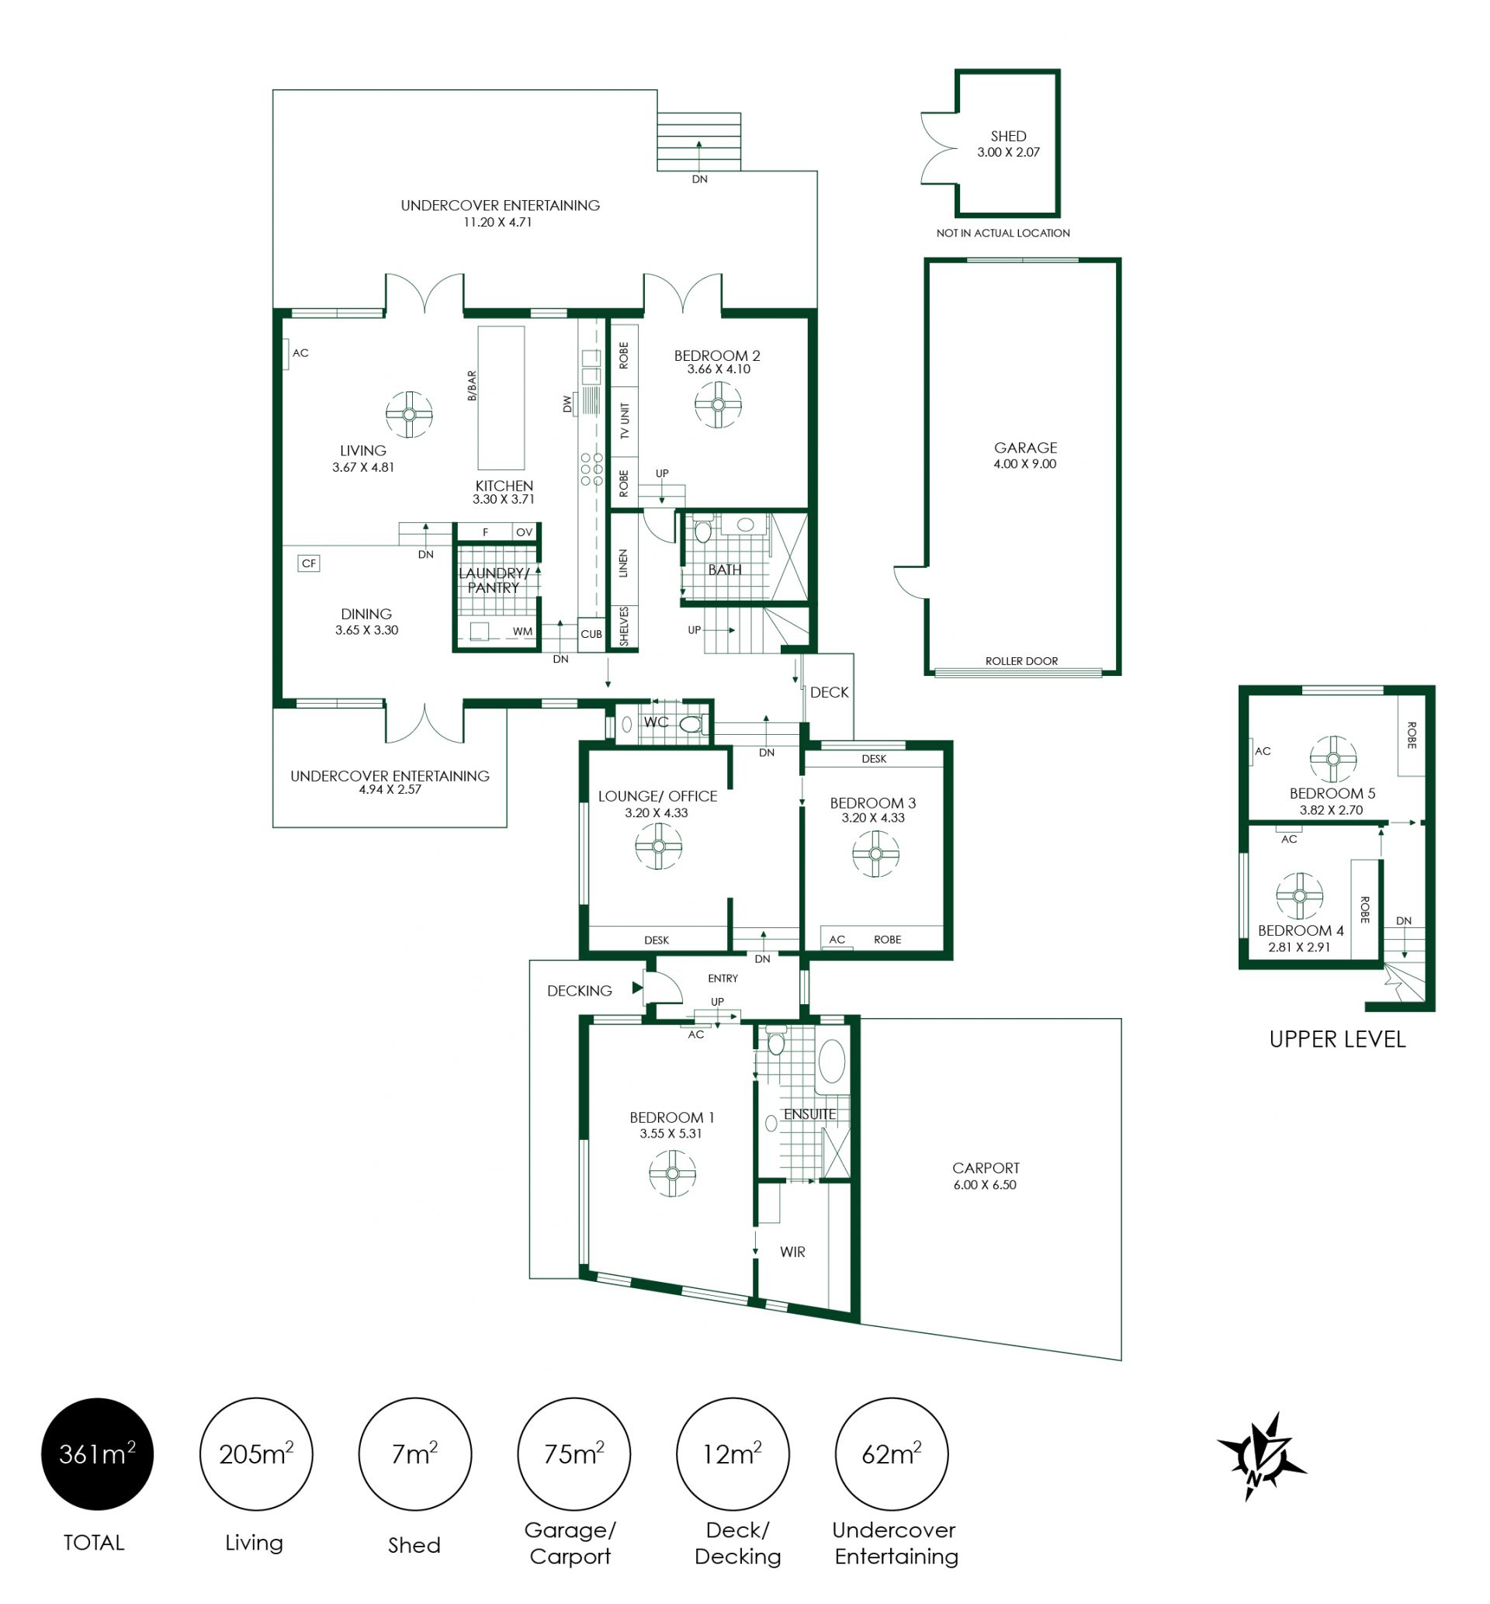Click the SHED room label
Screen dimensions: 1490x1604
click(1008, 137)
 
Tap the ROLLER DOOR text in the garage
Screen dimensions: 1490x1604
click(1021, 661)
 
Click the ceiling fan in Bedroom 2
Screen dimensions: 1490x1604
click(718, 404)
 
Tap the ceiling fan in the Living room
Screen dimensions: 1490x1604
click(409, 414)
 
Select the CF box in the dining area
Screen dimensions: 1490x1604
click(309, 563)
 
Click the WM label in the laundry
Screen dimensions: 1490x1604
click(522, 631)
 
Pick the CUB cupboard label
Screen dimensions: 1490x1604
click(591, 633)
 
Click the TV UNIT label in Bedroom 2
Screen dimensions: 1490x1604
click(624, 421)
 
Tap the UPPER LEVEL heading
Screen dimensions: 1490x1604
click(1337, 1039)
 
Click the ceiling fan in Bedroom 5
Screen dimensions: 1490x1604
click(1332, 758)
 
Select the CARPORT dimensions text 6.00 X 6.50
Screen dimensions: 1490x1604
click(985, 1184)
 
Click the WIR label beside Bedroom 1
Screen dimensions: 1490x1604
click(792, 1252)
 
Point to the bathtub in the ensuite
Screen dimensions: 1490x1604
click(831, 1061)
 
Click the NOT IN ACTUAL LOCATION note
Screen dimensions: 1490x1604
click(1003, 233)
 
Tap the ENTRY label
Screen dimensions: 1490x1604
click(722, 978)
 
